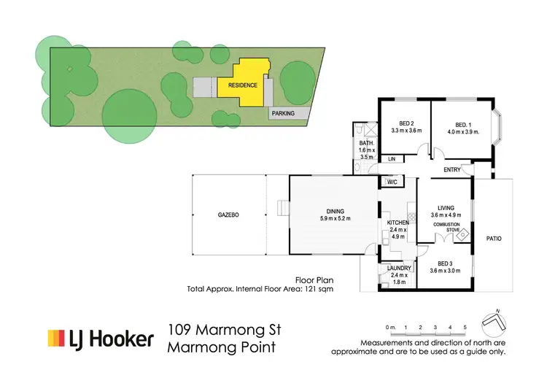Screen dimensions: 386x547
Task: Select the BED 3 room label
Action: (x=445, y=263)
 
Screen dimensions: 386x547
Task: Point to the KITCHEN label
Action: (x=397, y=223)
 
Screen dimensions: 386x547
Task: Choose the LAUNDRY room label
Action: (x=398, y=268)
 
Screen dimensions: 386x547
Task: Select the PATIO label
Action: (x=494, y=238)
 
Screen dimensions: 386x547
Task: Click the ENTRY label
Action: (x=451, y=171)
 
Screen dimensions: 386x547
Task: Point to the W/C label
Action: (x=391, y=182)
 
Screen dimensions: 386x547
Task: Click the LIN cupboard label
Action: (x=392, y=158)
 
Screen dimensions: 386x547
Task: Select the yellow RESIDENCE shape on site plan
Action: (x=244, y=82)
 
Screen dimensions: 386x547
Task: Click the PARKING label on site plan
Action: (x=283, y=114)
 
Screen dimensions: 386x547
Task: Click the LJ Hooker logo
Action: (x=101, y=339)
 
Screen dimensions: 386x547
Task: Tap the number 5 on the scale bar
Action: (x=464, y=328)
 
